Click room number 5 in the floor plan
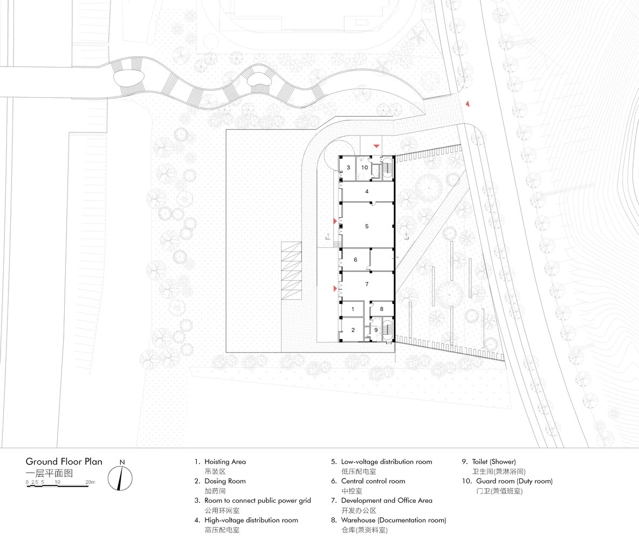(x=367, y=227)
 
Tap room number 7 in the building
(x=367, y=284)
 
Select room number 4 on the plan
(x=367, y=191)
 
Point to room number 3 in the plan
(x=348, y=167)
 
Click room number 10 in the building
(x=365, y=167)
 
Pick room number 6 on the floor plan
(x=355, y=260)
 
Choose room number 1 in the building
(x=353, y=309)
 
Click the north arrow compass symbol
(x=120, y=477)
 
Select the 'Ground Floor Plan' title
(x=64, y=462)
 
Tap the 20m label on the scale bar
(x=90, y=482)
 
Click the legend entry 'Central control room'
(x=373, y=481)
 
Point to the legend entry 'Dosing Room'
(x=225, y=481)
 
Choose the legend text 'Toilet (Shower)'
(x=494, y=462)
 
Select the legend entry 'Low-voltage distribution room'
(x=386, y=462)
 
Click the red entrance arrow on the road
(x=468, y=104)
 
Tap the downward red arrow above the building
(x=376, y=146)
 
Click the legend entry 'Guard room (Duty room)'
(x=514, y=481)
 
